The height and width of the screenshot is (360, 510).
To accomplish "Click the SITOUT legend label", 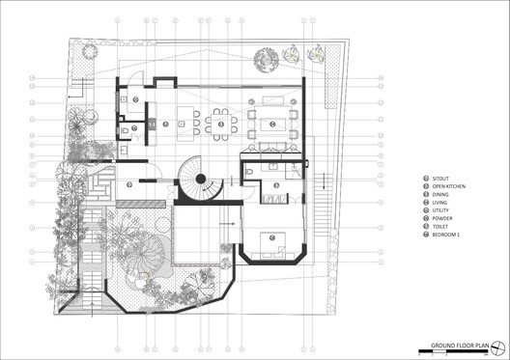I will pos(441,180).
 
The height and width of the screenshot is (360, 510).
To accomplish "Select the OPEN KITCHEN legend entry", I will pos(450,188).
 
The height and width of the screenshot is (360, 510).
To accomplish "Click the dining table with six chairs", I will pos(221,124).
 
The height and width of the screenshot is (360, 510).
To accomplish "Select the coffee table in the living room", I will pos(270,123).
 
